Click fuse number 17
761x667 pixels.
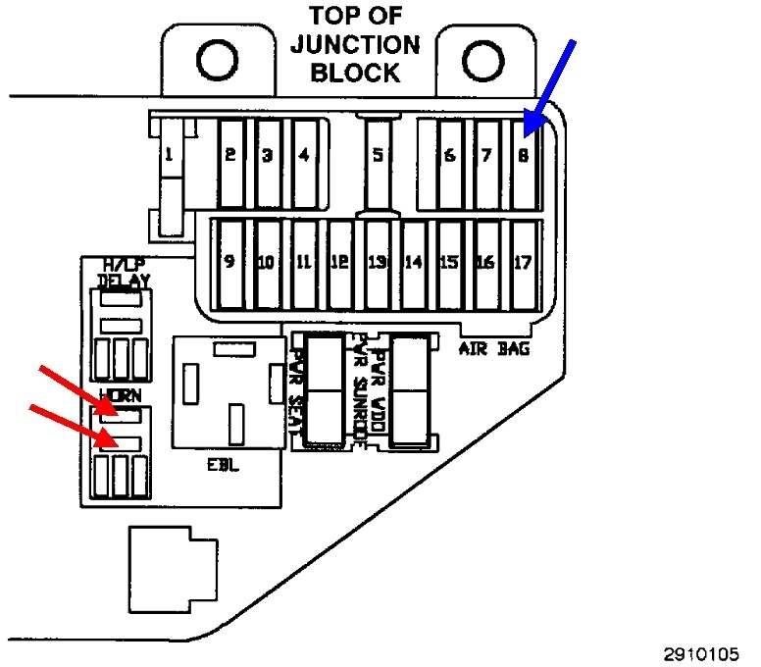(x=523, y=262)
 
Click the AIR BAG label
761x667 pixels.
(x=494, y=347)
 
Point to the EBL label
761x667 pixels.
(x=222, y=464)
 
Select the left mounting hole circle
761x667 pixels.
(x=216, y=61)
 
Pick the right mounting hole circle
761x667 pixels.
(x=481, y=61)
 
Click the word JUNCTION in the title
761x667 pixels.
(x=356, y=44)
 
